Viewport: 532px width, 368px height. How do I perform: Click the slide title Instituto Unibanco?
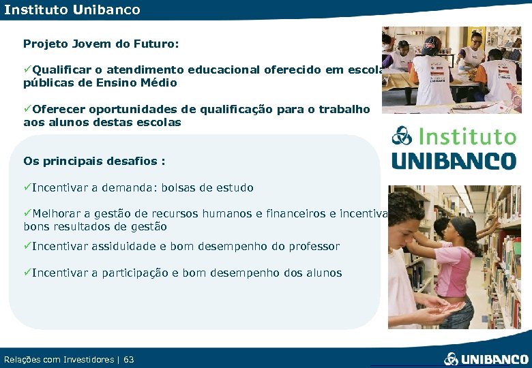point(72,10)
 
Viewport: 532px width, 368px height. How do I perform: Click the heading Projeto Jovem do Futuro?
point(101,44)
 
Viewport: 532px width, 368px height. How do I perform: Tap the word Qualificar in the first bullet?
point(59,70)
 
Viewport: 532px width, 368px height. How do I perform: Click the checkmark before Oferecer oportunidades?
point(27,109)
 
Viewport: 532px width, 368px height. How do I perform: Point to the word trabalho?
point(342,109)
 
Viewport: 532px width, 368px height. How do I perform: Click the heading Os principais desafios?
point(94,162)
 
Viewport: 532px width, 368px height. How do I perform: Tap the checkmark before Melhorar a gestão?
point(27,213)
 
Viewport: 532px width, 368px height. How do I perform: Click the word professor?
point(313,246)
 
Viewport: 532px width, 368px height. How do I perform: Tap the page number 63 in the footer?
point(129,359)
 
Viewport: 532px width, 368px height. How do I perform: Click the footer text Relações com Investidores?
point(59,359)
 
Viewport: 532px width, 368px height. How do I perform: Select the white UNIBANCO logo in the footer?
point(486,358)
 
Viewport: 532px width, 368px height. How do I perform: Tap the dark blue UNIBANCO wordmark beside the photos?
point(454,161)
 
